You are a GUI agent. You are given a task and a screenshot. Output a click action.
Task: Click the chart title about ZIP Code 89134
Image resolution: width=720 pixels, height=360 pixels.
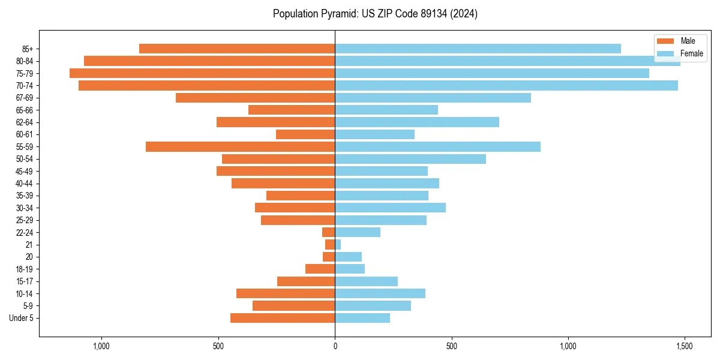375,14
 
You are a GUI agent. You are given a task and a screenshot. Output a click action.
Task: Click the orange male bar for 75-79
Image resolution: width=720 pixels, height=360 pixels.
202,73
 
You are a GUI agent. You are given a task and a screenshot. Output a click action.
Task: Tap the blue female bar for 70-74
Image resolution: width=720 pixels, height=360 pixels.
506,86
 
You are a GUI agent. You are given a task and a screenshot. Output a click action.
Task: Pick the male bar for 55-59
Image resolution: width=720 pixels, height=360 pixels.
240,147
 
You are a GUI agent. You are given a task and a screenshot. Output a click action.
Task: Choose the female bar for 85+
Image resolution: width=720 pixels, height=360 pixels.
478,49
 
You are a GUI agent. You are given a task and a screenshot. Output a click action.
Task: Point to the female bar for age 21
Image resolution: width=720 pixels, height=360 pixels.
338,245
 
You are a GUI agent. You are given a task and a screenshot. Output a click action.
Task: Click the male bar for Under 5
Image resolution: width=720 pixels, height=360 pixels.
283,318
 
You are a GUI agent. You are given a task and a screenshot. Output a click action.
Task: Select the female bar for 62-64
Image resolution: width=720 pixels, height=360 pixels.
417,122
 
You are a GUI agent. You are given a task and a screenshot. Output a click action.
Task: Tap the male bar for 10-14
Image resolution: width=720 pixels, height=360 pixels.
286,293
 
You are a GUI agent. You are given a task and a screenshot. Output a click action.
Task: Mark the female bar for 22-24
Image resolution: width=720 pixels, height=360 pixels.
358,232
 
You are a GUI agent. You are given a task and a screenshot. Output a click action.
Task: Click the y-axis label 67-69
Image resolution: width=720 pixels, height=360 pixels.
25,98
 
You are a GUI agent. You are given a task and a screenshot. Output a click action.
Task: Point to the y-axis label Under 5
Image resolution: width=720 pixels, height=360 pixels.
22,318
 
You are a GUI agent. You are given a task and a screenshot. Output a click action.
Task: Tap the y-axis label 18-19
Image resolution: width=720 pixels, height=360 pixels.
25,269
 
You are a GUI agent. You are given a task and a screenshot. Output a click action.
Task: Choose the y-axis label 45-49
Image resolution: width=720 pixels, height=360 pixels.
25,171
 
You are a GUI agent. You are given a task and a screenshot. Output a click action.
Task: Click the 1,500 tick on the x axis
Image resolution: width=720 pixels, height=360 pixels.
685,346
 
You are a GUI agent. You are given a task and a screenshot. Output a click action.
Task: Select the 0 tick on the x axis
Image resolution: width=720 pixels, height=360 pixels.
335,346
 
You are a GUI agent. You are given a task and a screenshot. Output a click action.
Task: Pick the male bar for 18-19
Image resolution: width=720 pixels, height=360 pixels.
320,269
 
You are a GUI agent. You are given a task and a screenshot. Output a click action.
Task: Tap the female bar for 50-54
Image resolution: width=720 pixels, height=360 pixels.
410,159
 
